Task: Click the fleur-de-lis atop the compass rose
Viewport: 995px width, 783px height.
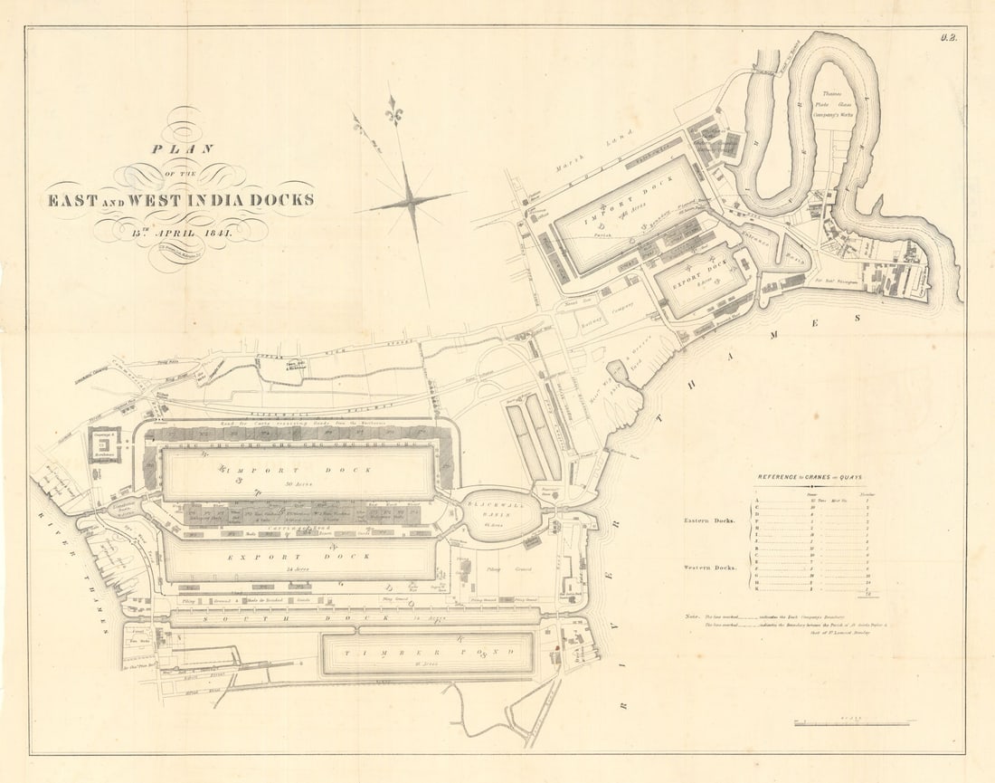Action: [393, 110]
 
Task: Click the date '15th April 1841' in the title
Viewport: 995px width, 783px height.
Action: [181, 232]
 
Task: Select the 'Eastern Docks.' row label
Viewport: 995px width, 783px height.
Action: [710, 521]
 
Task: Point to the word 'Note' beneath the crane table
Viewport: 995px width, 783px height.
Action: [692, 616]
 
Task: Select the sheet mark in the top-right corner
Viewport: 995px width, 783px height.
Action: [948, 38]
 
